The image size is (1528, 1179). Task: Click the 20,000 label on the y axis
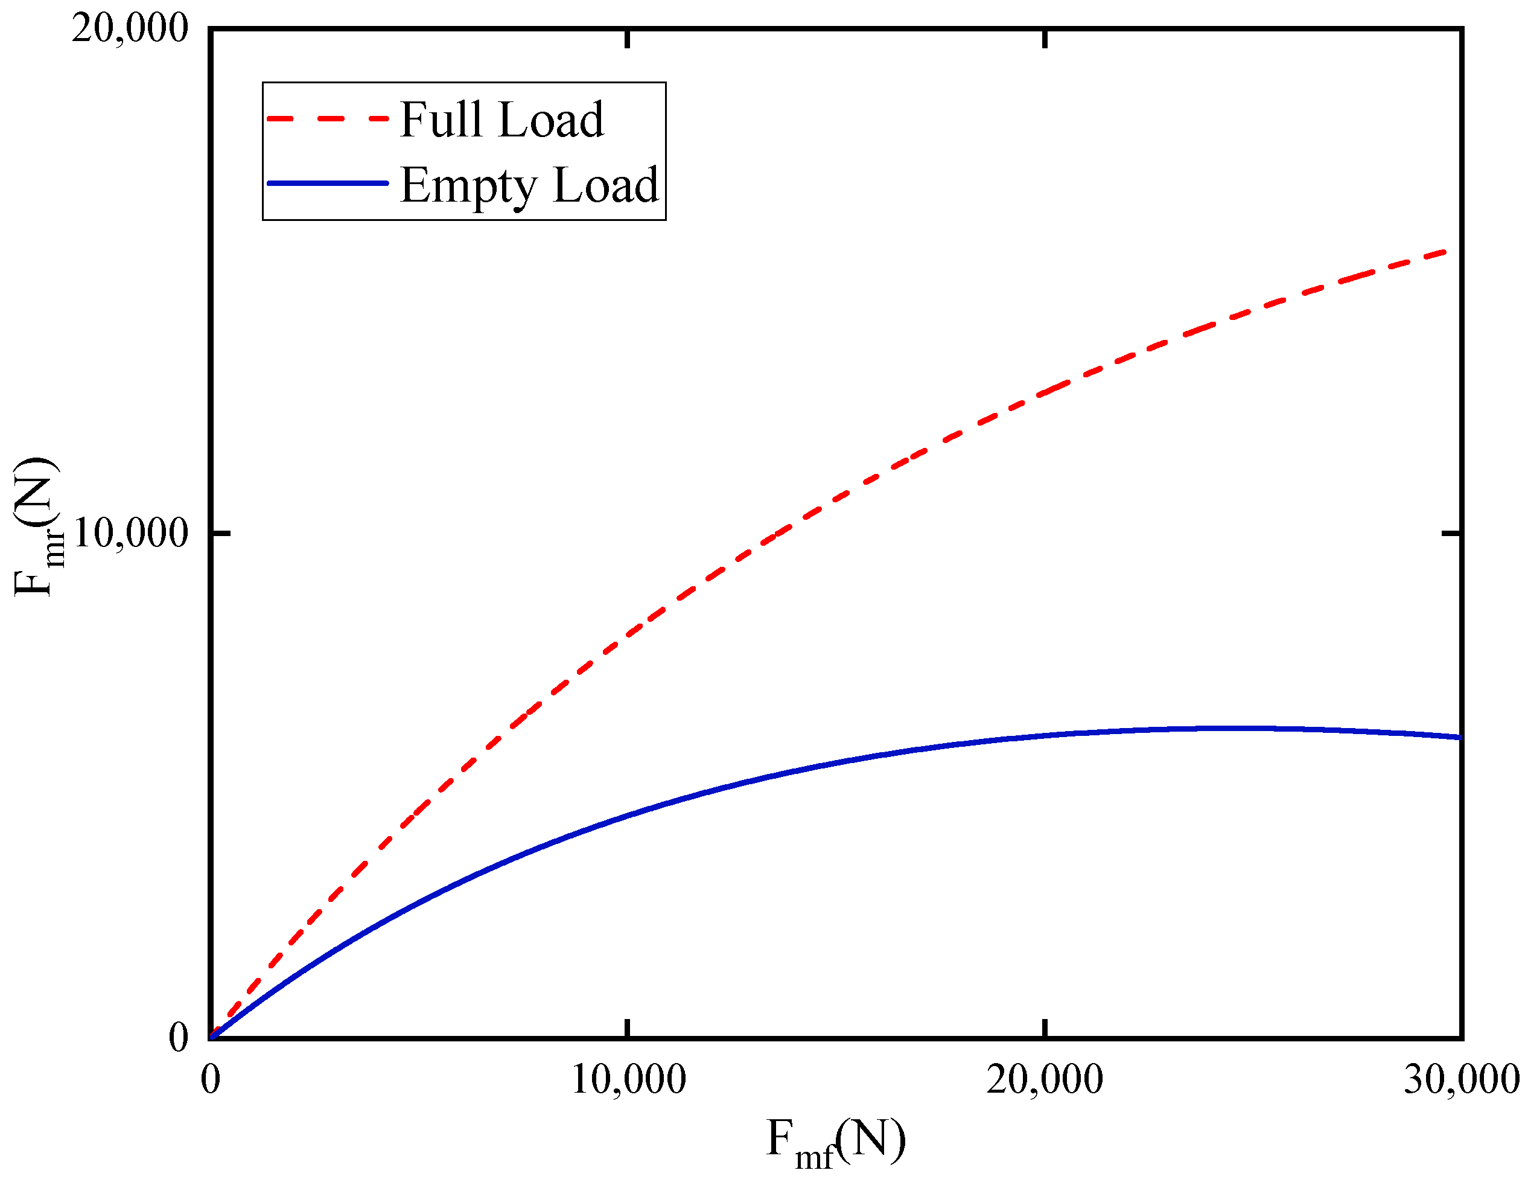(x=130, y=30)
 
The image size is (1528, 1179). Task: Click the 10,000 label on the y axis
(x=130, y=534)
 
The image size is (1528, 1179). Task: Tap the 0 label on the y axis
(x=179, y=1038)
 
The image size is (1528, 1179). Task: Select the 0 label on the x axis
(x=211, y=1079)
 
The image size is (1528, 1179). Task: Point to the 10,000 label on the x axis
(x=628, y=1079)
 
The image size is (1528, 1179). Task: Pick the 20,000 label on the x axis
(x=1045, y=1079)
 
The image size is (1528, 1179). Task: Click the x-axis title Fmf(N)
(x=836, y=1142)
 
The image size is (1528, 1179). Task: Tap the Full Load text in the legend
(x=501, y=120)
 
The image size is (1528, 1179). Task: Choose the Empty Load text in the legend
(x=530, y=185)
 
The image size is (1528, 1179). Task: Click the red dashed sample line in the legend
(x=328, y=120)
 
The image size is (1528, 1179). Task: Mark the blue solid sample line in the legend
(x=328, y=184)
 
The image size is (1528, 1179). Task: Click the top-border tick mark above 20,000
(x=1045, y=39)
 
